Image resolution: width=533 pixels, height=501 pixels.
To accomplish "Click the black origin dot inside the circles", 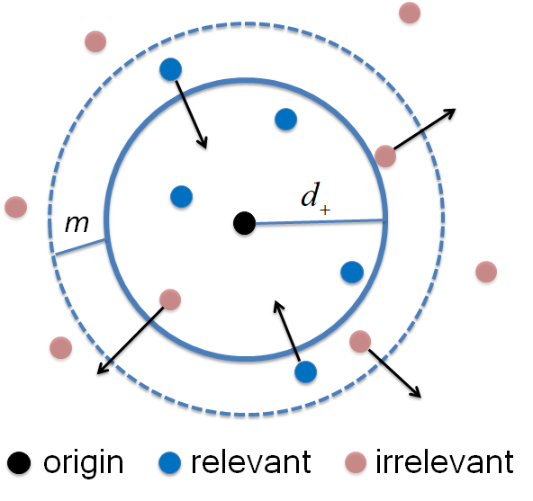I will coord(243,222).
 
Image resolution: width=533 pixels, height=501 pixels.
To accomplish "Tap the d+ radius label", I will coord(315,199).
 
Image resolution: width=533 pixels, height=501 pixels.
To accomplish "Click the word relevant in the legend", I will coord(250,464).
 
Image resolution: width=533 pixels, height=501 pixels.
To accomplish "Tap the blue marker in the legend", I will coord(171,464).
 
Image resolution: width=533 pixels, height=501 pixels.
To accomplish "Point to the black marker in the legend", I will coord(18,464).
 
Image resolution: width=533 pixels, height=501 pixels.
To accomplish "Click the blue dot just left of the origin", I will coord(181,195).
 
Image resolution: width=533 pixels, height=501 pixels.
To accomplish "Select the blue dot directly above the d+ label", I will coord(285,118).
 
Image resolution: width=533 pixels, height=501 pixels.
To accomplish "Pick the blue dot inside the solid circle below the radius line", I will coord(351,271).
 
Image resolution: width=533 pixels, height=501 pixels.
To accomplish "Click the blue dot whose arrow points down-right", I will coord(170,69).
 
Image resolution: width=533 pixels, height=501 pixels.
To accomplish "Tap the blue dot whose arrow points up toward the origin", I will coord(305,371).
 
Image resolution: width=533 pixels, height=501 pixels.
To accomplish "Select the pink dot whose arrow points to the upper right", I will coord(385,156).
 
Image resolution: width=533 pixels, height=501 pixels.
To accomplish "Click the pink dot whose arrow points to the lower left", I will coord(169,299).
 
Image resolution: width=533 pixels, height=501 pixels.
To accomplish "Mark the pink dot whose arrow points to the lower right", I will coord(359,341).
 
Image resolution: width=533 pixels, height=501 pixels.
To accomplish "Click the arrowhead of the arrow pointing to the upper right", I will coord(450,112).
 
